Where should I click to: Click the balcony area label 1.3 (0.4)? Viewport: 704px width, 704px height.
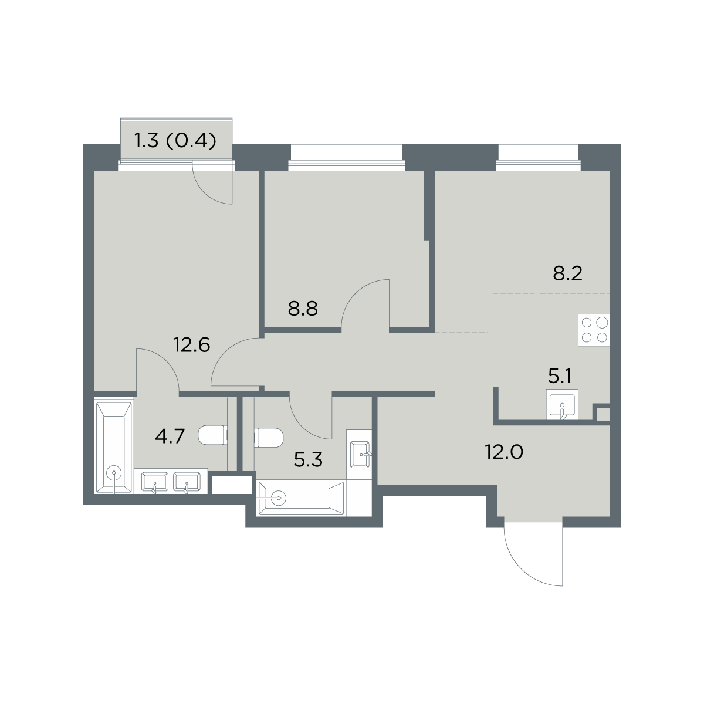click(175, 141)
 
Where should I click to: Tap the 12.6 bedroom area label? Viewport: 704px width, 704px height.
click(192, 344)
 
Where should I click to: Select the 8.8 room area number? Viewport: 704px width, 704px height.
click(303, 309)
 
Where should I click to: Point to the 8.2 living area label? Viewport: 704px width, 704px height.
click(567, 273)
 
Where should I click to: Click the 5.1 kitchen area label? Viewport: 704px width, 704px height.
click(559, 376)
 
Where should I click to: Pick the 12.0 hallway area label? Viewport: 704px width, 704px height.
click(504, 452)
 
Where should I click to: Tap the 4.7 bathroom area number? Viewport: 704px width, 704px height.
click(170, 436)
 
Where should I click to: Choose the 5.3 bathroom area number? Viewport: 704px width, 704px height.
click(308, 461)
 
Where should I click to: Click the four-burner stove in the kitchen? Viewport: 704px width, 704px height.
click(594, 330)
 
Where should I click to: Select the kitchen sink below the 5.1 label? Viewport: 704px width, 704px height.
click(562, 404)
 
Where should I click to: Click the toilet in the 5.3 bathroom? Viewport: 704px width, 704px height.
click(269, 438)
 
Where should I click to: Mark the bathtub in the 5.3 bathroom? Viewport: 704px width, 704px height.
click(301, 498)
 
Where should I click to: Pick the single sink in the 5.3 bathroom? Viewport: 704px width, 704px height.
click(360, 455)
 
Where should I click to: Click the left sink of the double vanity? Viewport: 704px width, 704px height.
click(154, 482)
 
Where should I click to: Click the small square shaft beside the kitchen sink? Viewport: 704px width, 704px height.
click(603, 415)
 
